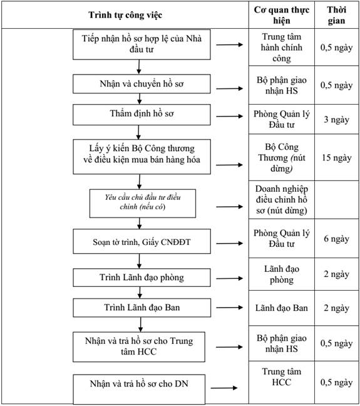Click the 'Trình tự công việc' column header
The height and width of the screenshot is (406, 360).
click(125, 15)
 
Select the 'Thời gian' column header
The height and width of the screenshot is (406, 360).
click(336, 15)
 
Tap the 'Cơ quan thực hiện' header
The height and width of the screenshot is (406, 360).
click(282, 15)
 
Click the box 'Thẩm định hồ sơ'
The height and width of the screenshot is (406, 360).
click(141, 115)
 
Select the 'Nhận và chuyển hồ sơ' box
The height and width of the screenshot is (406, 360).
click(141, 84)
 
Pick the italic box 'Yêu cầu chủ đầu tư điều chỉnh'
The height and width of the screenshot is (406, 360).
click(143, 203)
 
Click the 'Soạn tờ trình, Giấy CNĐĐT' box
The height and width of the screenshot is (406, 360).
click(142, 241)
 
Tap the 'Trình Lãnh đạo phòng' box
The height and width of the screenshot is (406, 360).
click(142, 278)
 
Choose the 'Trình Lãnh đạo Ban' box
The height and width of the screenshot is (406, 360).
click(142, 308)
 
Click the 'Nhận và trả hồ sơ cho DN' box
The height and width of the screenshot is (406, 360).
click(139, 389)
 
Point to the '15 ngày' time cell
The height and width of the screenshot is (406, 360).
click(336, 157)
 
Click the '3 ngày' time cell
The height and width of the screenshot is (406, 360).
click(336, 120)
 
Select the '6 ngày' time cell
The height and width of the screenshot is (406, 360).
click(336, 239)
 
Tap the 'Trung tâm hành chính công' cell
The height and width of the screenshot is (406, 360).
click(282, 48)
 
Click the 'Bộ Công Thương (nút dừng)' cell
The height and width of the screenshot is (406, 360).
click(282, 157)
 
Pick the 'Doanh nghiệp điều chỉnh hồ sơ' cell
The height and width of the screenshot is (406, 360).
click(282, 200)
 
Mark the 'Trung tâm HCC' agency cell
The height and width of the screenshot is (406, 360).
click(282, 382)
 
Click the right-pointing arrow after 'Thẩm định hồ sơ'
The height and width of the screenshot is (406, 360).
click(230, 117)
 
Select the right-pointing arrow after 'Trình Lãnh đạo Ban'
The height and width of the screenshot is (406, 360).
click(230, 308)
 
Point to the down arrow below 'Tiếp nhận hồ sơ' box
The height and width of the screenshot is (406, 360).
click(139, 67)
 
